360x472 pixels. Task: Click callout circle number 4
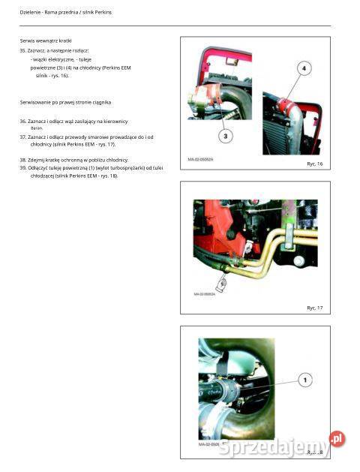pyautogui.click(x=304, y=68)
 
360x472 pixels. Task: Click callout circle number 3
pyautogui.click(x=226, y=136)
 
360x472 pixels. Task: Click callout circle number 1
pyautogui.click(x=304, y=380)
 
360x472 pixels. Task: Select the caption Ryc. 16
pyautogui.click(x=314, y=164)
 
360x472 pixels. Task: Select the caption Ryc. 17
pyautogui.click(x=314, y=308)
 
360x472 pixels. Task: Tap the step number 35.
pyautogui.click(x=22, y=50)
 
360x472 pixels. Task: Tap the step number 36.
pyautogui.click(x=22, y=121)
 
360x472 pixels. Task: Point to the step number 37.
pyautogui.click(x=22, y=137)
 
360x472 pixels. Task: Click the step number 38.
pyautogui.click(x=22, y=160)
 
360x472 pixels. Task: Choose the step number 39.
pyautogui.click(x=22, y=168)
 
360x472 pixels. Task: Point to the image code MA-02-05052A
pyautogui.click(x=202, y=159)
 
